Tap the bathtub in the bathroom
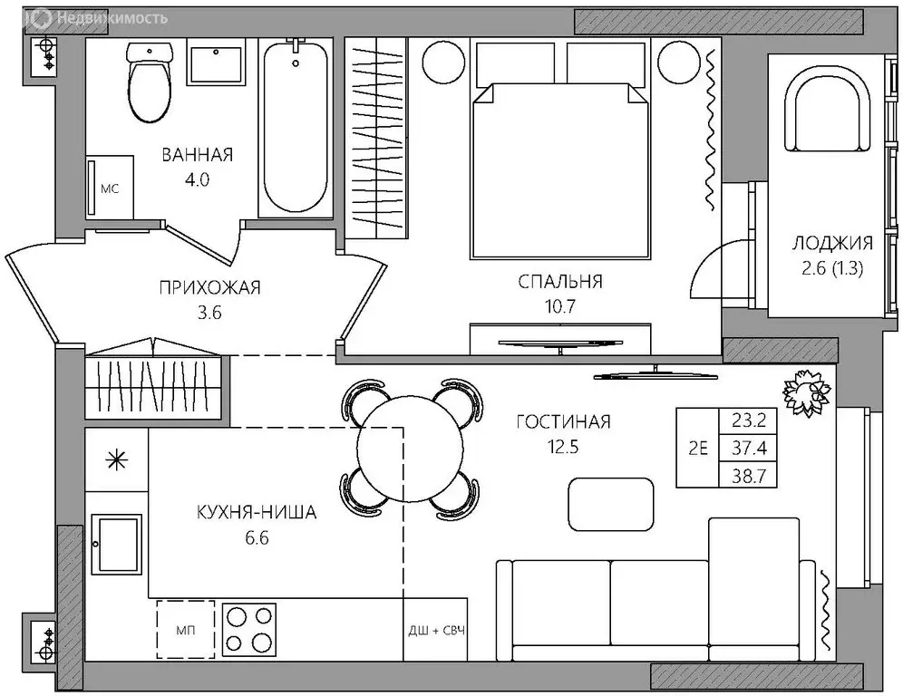(x=296, y=127)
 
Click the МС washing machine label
(x=110, y=188)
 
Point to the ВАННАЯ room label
(x=198, y=155)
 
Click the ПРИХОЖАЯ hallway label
(x=209, y=287)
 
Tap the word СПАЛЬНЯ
(x=559, y=282)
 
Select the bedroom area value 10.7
(x=559, y=306)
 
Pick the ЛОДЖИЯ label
(x=832, y=243)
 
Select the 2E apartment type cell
(x=698, y=448)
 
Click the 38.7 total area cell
(x=749, y=476)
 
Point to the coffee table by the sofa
(x=611, y=504)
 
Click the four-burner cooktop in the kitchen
(x=249, y=629)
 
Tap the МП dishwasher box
(x=186, y=629)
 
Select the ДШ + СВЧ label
(x=436, y=631)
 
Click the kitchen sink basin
(x=117, y=544)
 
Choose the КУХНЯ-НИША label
(x=257, y=512)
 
